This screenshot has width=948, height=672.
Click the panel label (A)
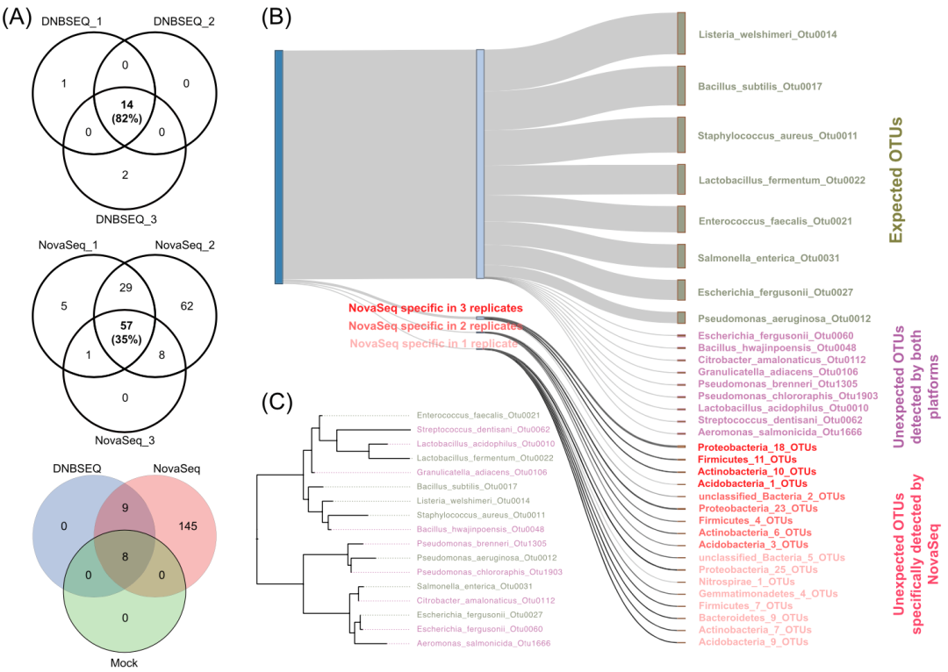click(18, 18)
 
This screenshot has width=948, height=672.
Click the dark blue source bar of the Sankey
click(278, 167)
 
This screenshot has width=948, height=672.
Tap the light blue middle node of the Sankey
click(480, 163)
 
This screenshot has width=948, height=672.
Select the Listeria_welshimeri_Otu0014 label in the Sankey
click(767, 35)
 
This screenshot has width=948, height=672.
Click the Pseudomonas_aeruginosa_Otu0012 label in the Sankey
click(772, 318)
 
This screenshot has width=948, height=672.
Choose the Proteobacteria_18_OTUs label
click(757, 447)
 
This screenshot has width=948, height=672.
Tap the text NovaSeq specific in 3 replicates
click(435, 309)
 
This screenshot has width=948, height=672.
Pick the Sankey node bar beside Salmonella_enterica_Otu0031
click(681, 255)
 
